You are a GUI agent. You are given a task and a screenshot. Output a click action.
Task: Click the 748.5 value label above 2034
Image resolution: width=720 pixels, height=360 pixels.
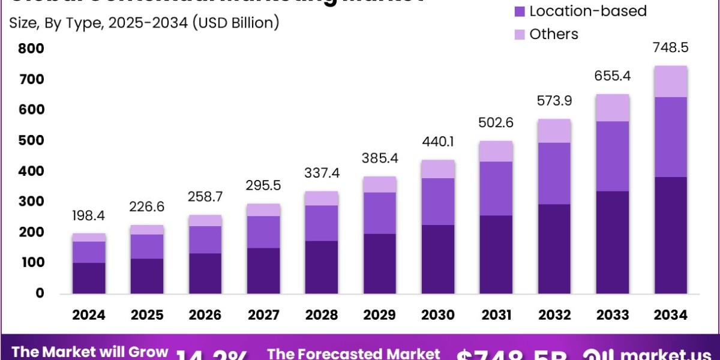pyautogui.click(x=671, y=47)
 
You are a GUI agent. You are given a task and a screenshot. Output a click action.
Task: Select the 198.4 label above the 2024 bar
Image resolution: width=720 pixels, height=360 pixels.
pyautogui.click(x=89, y=215)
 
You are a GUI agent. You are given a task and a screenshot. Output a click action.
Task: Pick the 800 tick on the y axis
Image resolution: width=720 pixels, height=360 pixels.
pyautogui.click(x=31, y=49)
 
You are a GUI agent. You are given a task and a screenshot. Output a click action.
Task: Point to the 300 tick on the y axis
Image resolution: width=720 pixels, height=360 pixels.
pyautogui.click(x=31, y=202)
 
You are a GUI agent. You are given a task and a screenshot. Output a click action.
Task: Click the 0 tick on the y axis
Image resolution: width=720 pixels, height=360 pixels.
pyautogui.click(x=40, y=293)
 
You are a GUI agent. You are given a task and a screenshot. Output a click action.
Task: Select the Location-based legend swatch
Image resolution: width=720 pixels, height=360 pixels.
pyautogui.click(x=519, y=11)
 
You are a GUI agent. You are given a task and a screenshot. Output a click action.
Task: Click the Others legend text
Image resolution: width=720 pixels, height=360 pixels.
pyautogui.click(x=554, y=34)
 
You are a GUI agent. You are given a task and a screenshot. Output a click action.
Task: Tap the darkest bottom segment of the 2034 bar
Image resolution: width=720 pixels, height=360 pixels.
pyautogui.click(x=671, y=235)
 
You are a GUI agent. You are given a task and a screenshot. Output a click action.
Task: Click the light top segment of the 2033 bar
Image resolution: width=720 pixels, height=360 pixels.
pyautogui.click(x=613, y=108)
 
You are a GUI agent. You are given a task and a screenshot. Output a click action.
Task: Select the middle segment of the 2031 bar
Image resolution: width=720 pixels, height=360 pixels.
pyautogui.click(x=496, y=188)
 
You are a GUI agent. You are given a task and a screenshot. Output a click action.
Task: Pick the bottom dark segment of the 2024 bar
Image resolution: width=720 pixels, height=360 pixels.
pyautogui.click(x=89, y=278)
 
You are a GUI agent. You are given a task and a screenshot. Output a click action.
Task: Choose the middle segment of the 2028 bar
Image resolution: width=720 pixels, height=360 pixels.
pyautogui.click(x=322, y=223)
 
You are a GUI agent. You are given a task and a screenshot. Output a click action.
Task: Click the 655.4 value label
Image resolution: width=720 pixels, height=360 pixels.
pyautogui.click(x=613, y=76)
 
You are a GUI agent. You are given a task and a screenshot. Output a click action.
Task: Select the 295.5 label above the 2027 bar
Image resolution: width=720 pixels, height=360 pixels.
pyautogui.click(x=264, y=185)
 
